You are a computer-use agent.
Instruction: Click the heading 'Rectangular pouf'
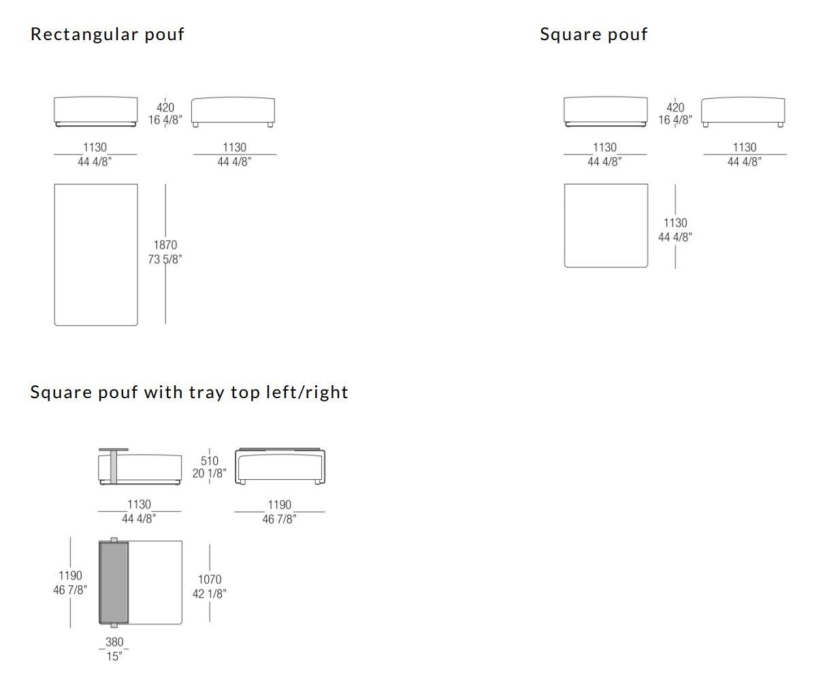(x=108, y=34)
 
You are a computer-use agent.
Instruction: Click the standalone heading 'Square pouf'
(x=594, y=34)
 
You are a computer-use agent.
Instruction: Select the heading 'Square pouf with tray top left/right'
(x=189, y=392)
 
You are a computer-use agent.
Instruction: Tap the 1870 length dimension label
(x=165, y=245)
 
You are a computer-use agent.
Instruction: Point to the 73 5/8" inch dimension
(x=165, y=259)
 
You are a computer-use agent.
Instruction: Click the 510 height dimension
(x=210, y=461)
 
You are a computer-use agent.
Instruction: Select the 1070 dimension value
(x=210, y=580)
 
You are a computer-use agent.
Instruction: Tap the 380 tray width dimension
(x=114, y=642)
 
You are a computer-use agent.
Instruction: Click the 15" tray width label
(x=114, y=656)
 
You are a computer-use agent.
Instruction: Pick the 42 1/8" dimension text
(x=210, y=593)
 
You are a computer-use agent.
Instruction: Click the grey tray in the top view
(x=114, y=583)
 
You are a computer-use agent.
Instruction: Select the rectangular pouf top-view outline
(x=96, y=255)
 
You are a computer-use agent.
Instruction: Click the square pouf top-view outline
(x=606, y=225)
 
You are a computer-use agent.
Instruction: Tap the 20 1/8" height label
(x=210, y=474)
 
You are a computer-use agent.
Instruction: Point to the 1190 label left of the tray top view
(x=70, y=576)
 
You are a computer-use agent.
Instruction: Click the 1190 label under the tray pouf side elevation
(x=279, y=505)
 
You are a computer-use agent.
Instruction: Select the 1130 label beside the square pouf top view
(x=675, y=223)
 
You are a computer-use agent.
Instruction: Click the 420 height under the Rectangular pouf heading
(x=165, y=108)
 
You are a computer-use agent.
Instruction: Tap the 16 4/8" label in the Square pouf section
(x=675, y=120)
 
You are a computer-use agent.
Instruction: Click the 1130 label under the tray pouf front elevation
(x=140, y=505)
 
